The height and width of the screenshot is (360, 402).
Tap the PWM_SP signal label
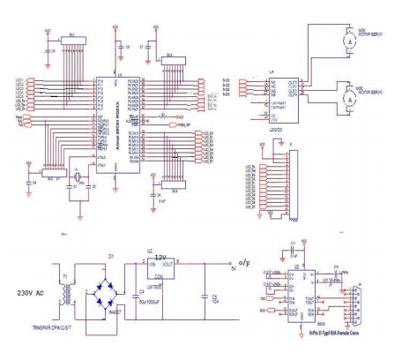pos(184,127)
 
